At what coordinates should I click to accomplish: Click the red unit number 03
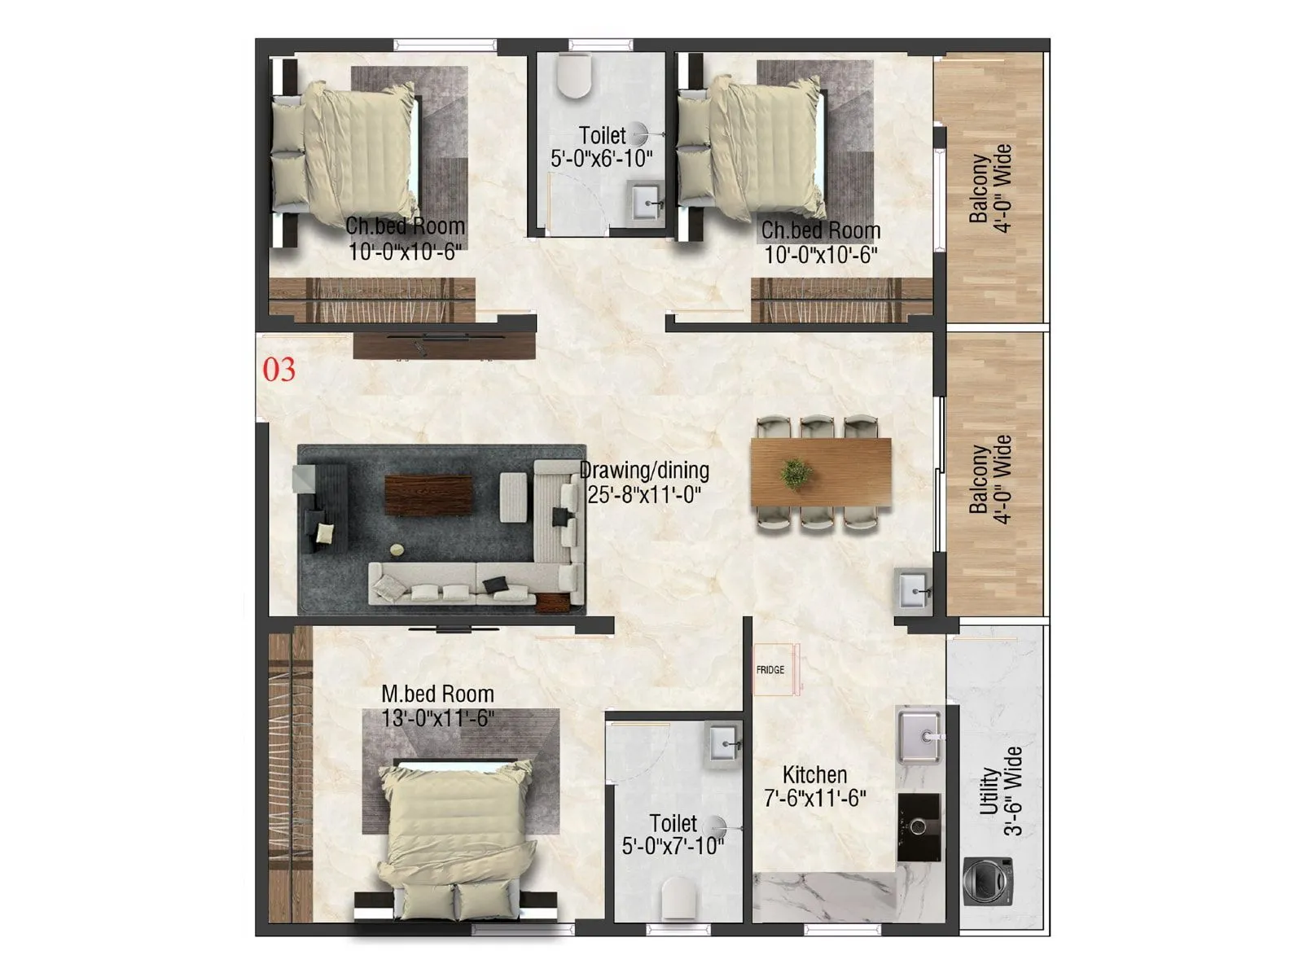pyautogui.click(x=279, y=370)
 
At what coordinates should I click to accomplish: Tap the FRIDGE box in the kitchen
pyautogui.click(x=771, y=670)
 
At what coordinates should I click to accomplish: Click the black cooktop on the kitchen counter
pyautogui.click(x=919, y=826)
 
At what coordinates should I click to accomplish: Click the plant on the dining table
pyautogui.click(x=794, y=473)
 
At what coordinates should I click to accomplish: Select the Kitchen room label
pyautogui.click(x=814, y=774)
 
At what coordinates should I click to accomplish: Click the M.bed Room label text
pyautogui.click(x=437, y=694)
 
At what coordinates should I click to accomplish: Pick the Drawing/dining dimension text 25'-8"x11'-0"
pyautogui.click(x=644, y=494)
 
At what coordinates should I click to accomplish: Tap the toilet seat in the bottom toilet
pyautogui.click(x=679, y=898)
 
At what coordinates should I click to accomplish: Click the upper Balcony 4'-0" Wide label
pyautogui.click(x=989, y=189)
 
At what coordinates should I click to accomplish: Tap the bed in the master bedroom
pyautogui.click(x=453, y=830)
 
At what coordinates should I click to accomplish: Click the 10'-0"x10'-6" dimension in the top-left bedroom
pyautogui.click(x=405, y=252)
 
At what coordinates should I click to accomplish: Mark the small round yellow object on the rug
pyautogui.click(x=397, y=550)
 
